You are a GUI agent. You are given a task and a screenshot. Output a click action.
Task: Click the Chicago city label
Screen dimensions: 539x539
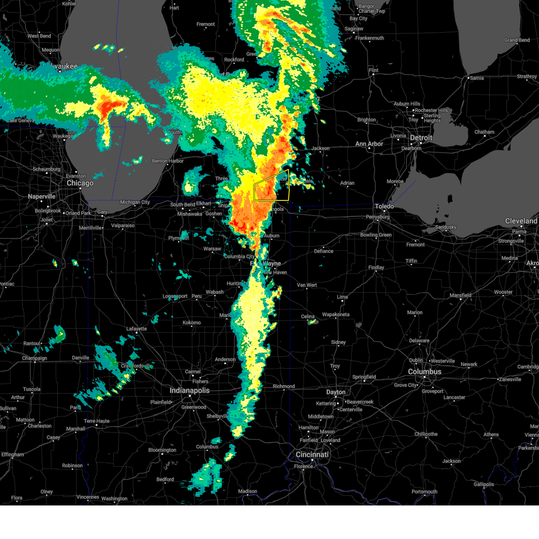point(80,183)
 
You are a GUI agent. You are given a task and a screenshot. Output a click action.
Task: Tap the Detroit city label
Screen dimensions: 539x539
point(421,138)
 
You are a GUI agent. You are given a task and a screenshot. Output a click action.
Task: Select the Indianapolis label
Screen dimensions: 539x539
point(190,390)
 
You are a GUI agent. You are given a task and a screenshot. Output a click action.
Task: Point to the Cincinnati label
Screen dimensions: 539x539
point(312,455)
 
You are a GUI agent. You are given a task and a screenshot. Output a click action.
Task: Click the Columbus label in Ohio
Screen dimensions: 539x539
point(424,372)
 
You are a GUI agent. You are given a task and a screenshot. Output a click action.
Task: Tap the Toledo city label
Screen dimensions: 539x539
point(384,206)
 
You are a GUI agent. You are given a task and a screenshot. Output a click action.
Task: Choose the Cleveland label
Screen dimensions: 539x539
point(521,221)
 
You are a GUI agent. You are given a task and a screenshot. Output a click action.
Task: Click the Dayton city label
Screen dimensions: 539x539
point(336,392)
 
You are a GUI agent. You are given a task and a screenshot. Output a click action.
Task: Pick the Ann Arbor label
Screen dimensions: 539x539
point(369,144)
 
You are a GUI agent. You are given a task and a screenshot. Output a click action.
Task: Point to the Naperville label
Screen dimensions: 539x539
point(41,197)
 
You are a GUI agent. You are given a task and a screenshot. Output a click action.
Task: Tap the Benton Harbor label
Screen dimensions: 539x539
point(168,161)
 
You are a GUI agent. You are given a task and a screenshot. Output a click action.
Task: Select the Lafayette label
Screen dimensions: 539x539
point(137,329)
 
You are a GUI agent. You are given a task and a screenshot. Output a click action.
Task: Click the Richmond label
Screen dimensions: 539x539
point(284,386)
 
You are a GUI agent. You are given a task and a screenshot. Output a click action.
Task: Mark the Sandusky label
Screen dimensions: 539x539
point(446,227)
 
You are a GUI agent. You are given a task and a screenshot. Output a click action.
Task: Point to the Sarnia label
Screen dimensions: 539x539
point(477,78)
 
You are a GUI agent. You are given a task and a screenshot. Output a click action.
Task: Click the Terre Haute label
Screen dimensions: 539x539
point(96,421)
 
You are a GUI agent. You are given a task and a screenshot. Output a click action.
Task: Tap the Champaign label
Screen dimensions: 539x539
point(35,358)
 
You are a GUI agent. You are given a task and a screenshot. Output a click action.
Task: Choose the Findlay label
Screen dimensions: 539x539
point(376,268)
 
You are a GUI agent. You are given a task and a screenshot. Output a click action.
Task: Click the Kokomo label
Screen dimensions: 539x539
point(192,323)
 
